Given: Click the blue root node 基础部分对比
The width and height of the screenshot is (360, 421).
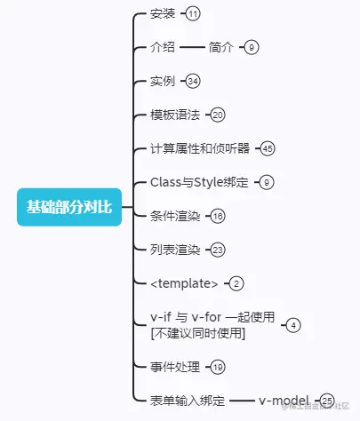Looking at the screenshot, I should click(x=68, y=208).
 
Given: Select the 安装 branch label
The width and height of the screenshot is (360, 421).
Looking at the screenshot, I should click(x=164, y=13).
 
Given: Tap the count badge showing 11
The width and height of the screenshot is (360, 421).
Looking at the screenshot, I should click(x=193, y=13).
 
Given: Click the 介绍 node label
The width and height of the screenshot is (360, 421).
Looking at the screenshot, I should click(x=164, y=47).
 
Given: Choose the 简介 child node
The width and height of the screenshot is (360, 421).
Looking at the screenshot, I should click(x=221, y=47).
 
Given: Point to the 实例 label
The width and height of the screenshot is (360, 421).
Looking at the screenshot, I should click(x=164, y=81).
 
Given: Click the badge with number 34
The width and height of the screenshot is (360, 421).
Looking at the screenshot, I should click(x=194, y=81).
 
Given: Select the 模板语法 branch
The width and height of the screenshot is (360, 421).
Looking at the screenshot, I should click(x=176, y=115).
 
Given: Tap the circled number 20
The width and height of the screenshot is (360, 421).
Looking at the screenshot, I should click(x=219, y=115).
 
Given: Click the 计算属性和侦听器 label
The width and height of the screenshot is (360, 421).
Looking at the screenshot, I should click(x=201, y=148).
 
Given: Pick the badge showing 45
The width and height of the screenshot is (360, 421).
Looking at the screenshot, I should click(x=268, y=148).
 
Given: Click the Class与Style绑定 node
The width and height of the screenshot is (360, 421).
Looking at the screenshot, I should click(x=200, y=182).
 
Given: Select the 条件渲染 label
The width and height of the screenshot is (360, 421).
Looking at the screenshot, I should click(x=176, y=216).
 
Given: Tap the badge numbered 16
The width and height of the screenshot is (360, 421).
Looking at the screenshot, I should click(x=219, y=216).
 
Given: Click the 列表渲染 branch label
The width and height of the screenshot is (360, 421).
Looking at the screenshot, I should click(x=176, y=250).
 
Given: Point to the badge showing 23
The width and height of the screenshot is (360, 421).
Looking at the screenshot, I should click(x=219, y=250).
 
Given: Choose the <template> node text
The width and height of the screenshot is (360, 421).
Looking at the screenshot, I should click(x=184, y=283).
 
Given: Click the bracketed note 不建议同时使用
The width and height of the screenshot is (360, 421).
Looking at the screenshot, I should click(x=198, y=333).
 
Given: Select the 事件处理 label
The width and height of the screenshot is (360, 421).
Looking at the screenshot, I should click(x=176, y=366).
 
